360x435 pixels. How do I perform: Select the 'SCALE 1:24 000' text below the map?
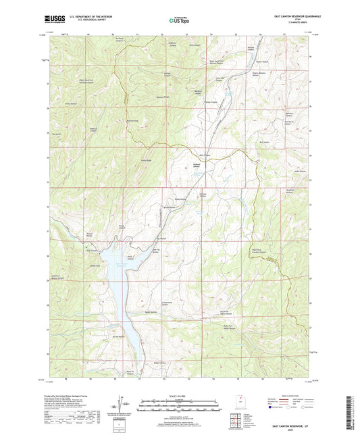pyautogui.click(x=180, y=395)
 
